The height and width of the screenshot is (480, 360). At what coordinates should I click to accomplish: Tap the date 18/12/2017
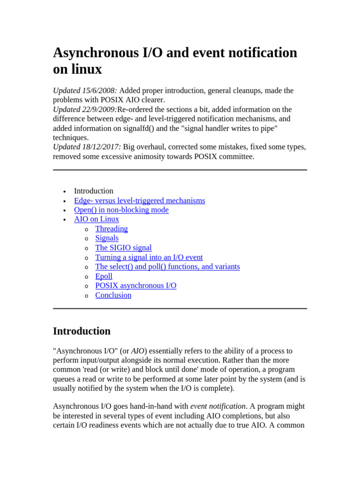(101, 147)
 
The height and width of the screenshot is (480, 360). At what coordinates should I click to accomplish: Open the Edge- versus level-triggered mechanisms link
(140, 201)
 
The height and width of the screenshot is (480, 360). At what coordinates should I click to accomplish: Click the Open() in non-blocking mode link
(121, 210)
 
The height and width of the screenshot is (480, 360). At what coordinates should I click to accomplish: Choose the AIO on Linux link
(97, 219)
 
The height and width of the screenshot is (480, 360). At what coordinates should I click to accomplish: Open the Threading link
(112, 229)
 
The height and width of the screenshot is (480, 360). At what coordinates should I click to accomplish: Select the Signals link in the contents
(107, 238)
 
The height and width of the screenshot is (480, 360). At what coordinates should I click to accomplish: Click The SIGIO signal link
(123, 247)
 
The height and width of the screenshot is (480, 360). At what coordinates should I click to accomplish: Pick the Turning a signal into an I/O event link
(149, 257)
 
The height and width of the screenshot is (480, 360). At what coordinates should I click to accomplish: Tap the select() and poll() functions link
(167, 267)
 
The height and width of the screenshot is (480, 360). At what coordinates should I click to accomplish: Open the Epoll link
(104, 276)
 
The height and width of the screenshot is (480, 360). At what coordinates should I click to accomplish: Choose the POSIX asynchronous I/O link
(136, 285)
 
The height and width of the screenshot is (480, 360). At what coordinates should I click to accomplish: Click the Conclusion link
(113, 295)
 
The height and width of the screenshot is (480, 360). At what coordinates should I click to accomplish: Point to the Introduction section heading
(82, 331)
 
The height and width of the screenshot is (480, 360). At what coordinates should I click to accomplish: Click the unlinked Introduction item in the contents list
(94, 191)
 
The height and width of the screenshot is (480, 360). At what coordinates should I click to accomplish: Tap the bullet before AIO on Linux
(65, 220)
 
